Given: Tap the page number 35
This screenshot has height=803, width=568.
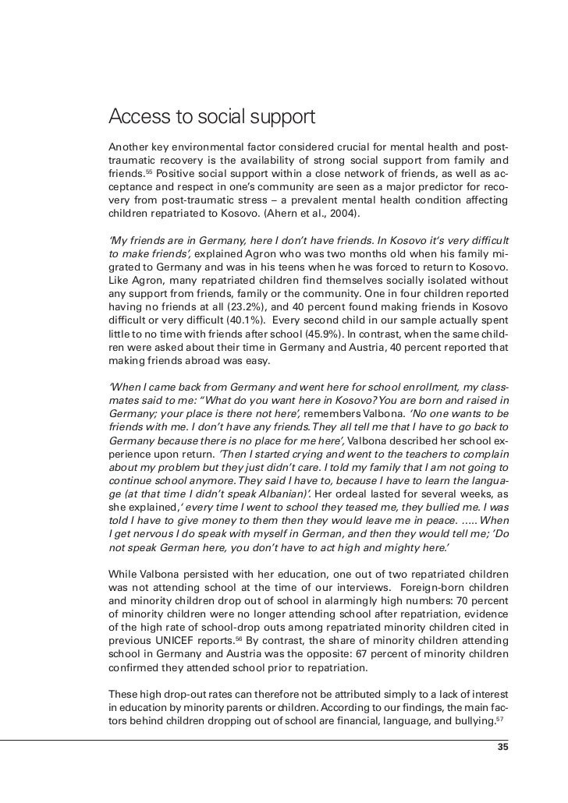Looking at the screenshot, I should tap(502, 747).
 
